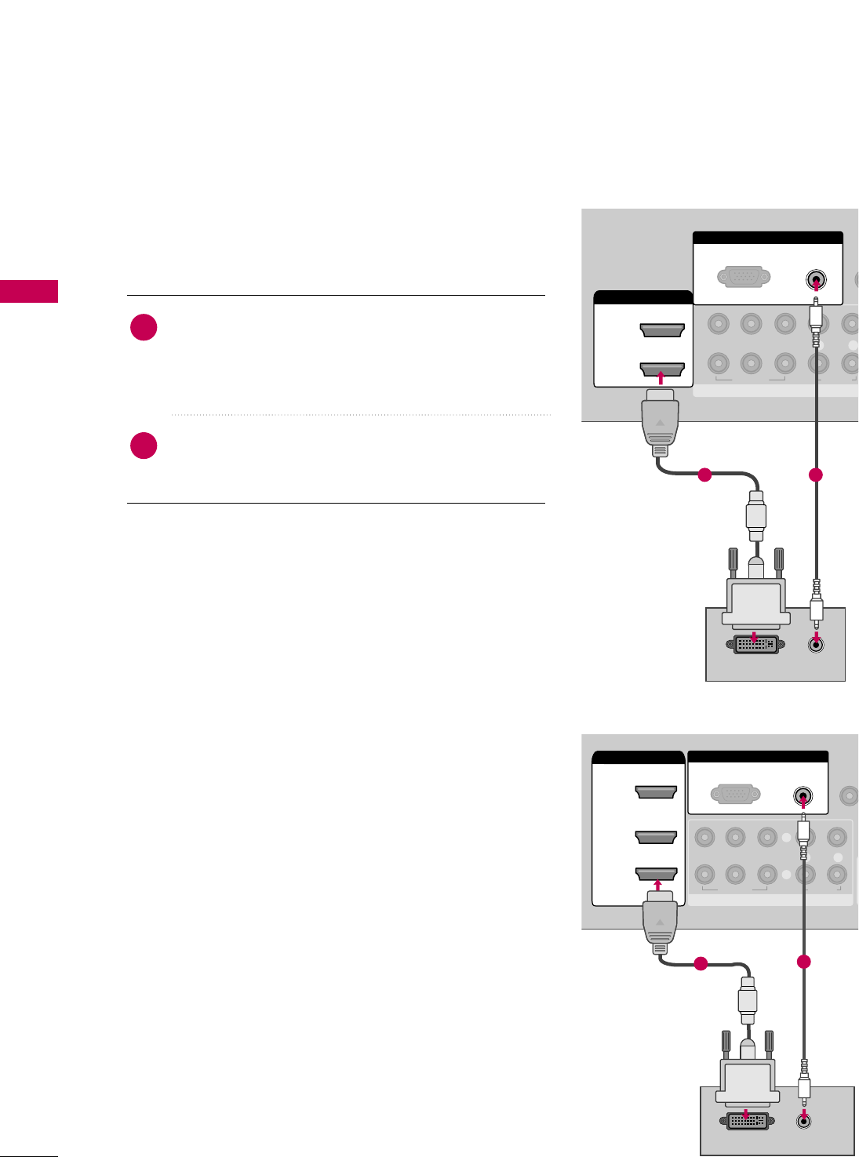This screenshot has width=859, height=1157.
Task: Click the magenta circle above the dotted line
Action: click(x=144, y=327)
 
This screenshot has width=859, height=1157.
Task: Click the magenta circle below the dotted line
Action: click(x=144, y=446)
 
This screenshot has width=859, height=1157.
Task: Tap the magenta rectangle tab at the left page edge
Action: click(x=29, y=291)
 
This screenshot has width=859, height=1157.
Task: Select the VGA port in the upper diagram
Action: click(x=744, y=278)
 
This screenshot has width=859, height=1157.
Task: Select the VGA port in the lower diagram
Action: click(x=735, y=795)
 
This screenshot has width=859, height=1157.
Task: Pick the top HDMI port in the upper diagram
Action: click(x=662, y=329)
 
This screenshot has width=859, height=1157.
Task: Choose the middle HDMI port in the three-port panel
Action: click(x=656, y=837)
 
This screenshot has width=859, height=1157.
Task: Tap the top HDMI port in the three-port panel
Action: click(x=656, y=792)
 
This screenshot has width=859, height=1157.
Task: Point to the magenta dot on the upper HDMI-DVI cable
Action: click(x=704, y=474)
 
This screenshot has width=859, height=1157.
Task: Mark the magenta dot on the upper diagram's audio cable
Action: click(x=816, y=474)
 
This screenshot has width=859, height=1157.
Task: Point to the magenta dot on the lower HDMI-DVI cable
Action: click(x=701, y=964)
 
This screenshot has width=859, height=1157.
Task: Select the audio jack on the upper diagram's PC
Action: click(x=817, y=645)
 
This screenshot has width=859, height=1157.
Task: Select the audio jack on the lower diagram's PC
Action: click(x=803, y=1120)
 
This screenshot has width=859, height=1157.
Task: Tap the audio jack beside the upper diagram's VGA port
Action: click(x=816, y=280)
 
